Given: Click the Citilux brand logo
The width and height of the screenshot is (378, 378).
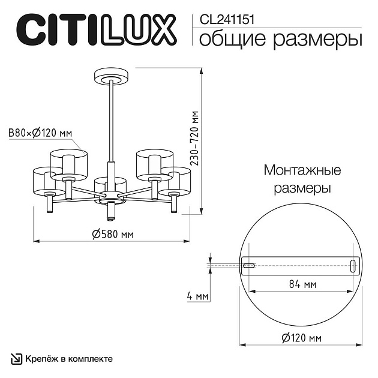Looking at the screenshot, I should (x=95, y=29).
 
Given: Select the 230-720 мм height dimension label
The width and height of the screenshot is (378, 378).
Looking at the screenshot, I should (x=194, y=139).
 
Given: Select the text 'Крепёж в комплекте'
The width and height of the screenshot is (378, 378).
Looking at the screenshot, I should (x=68, y=359).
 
